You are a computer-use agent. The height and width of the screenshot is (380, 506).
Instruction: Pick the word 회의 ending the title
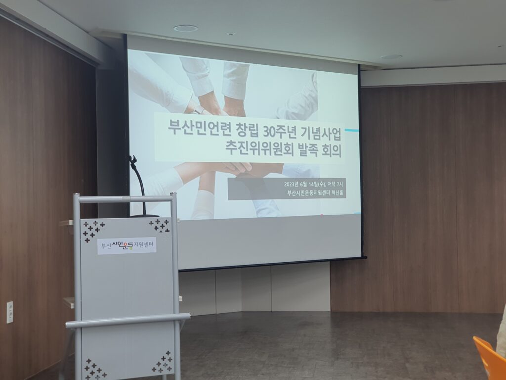click(332, 150)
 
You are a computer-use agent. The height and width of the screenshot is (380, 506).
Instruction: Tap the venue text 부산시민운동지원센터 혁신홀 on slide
click(315, 193)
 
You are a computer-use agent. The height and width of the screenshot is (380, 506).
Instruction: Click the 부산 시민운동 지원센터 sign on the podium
click(127, 245)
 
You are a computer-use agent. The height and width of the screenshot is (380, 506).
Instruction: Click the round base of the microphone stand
click(144, 216)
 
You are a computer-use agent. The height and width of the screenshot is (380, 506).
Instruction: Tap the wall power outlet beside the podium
click(10, 312)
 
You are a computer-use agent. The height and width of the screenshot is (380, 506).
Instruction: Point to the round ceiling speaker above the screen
click(185, 28)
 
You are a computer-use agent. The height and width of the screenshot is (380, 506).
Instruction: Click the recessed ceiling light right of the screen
click(391, 57)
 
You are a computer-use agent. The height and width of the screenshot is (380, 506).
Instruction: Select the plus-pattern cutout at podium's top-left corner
click(93, 231)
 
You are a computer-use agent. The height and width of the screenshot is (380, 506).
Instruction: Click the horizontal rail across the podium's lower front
click(128, 321)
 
